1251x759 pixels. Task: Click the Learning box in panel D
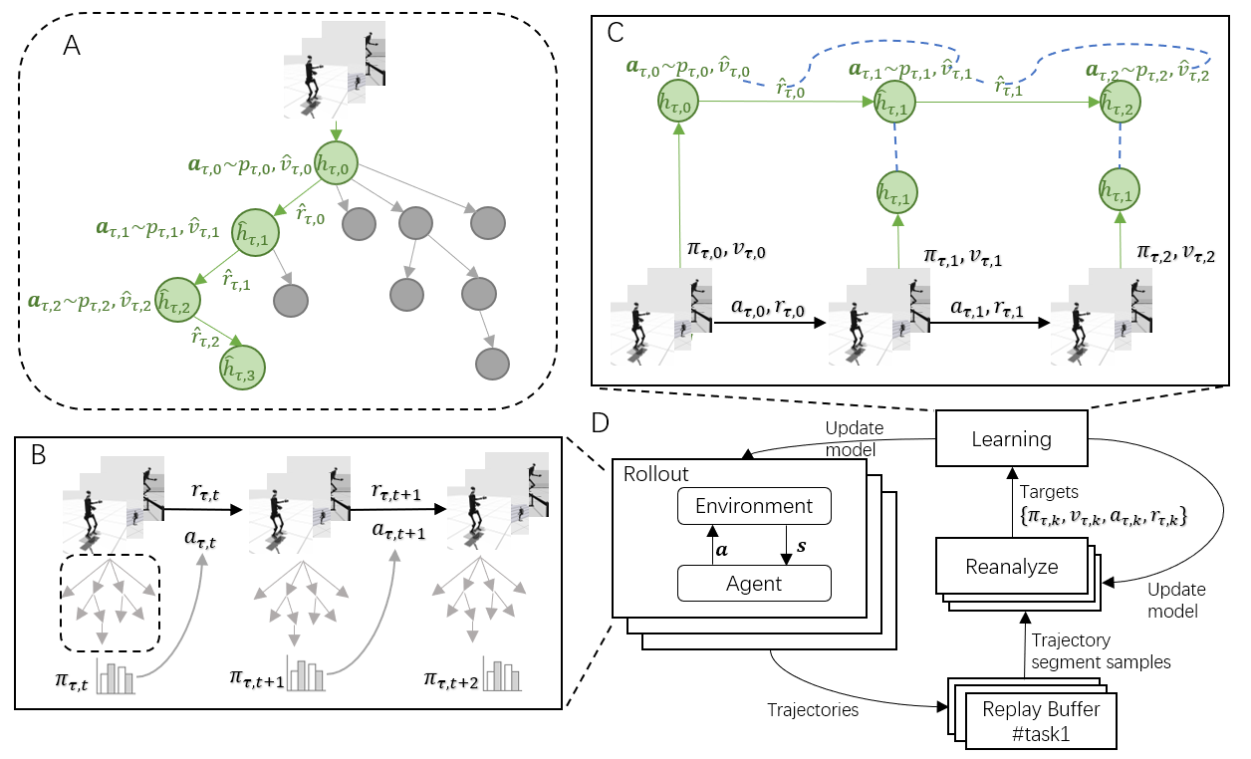tap(1012, 438)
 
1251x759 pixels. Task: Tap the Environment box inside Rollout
tap(754, 505)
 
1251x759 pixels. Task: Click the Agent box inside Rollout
tap(754, 583)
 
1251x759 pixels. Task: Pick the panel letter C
tap(616, 32)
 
